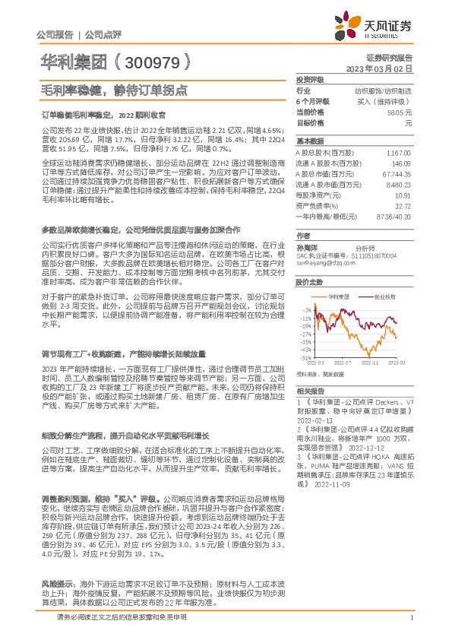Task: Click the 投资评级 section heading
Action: tap(310, 79)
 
